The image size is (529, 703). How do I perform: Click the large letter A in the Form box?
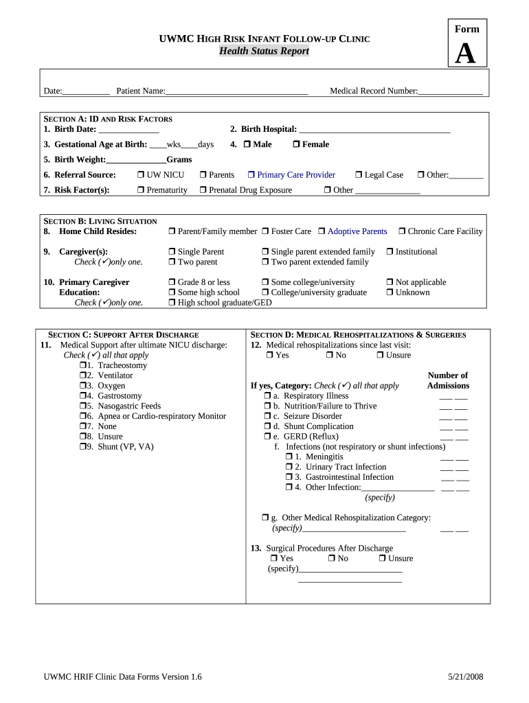465,54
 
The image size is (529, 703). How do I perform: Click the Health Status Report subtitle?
264,51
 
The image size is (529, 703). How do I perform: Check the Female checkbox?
296,145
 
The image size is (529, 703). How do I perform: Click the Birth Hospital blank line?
375,130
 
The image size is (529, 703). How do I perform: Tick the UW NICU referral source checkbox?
140,176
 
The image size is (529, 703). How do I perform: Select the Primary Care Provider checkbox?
251,176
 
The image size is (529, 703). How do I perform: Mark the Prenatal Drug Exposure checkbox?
203,190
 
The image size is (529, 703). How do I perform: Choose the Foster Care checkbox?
265,232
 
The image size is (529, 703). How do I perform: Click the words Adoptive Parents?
357,232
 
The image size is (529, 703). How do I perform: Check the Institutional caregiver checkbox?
390,252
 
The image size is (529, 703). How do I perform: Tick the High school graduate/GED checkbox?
172,303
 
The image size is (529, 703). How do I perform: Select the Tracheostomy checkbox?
82,366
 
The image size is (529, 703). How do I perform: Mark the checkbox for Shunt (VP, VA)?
82,447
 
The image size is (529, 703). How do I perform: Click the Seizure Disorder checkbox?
267,417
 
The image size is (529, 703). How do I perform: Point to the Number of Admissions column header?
447,380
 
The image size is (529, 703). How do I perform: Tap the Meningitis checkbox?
289,457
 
